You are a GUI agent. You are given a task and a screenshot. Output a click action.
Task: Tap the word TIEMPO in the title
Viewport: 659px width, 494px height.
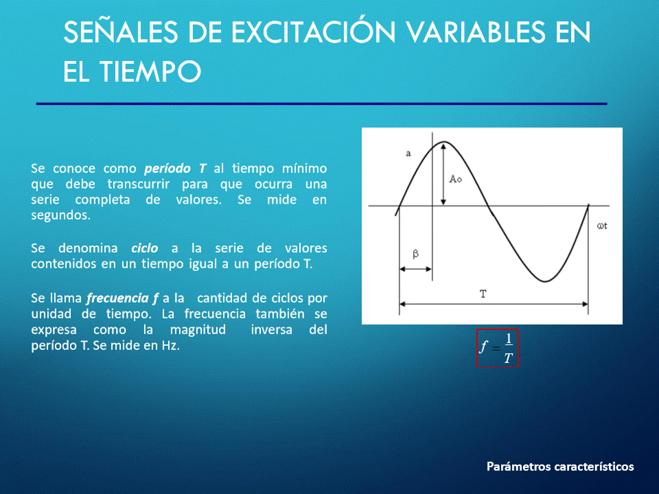pyautogui.click(x=150, y=71)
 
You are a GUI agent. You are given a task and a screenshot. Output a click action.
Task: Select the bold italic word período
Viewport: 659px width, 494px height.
pyautogui.click(x=167, y=169)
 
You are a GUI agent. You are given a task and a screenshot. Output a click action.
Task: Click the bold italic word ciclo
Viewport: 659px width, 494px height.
pyautogui.click(x=145, y=248)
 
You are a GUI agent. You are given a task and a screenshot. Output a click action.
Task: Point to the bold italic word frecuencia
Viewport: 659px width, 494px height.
pyautogui.click(x=117, y=298)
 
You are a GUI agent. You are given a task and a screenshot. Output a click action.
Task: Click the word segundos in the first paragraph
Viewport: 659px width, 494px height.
pyautogui.click(x=60, y=215)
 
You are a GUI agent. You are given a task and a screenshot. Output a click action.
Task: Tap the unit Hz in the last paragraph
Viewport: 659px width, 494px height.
pyautogui.click(x=171, y=345)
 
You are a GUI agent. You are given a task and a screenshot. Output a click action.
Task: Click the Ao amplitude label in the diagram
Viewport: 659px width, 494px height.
pyautogui.click(x=456, y=179)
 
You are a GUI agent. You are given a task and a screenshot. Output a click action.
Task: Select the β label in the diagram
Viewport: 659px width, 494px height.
pyautogui.click(x=416, y=254)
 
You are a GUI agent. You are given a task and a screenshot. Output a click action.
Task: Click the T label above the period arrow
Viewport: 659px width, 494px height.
pyautogui.click(x=483, y=294)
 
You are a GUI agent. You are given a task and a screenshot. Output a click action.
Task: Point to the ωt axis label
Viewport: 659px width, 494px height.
pyautogui.click(x=602, y=226)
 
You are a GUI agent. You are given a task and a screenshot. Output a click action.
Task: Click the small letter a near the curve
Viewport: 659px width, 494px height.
pyautogui.click(x=408, y=154)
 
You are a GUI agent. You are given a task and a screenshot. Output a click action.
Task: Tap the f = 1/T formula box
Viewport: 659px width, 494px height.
pyautogui.click(x=497, y=348)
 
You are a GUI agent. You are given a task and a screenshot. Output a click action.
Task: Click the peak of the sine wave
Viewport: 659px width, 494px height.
pyautogui.click(x=444, y=143)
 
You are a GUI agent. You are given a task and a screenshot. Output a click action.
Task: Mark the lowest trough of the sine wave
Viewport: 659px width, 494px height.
pyautogui.click(x=544, y=281)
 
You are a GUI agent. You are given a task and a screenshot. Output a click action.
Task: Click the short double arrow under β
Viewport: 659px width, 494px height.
pyautogui.click(x=415, y=269)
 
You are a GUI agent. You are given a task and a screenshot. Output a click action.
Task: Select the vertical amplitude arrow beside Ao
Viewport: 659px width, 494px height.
pyautogui.click(x=443, y=174)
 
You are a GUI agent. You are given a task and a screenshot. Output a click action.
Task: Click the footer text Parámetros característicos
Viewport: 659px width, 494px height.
pyautogui.click(x=560, y=467)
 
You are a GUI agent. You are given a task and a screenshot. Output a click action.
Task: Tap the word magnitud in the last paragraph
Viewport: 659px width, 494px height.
pyautogui.click(x=198, y=330)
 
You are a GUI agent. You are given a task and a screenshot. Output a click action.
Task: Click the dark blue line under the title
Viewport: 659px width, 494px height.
pyautogui.click(x=321, y=104)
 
